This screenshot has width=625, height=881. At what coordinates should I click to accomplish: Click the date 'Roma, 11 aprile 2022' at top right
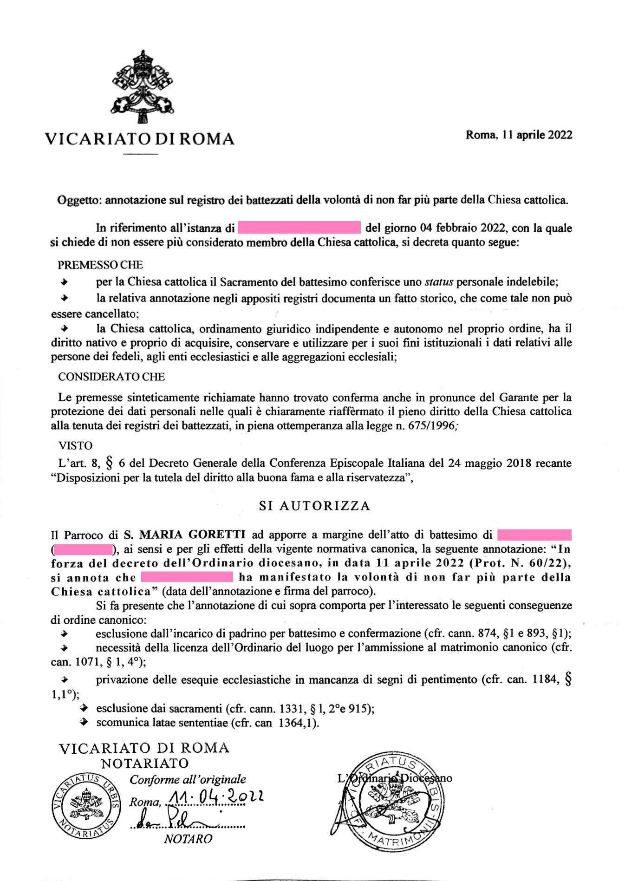(519, 135)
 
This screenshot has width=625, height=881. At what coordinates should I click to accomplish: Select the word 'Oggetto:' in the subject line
(79, 201)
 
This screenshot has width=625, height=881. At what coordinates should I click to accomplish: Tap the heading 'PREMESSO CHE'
(100, 265)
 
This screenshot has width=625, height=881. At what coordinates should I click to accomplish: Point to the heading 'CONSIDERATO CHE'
(111, 377)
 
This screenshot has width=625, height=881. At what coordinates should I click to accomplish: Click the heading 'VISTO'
(75, 446)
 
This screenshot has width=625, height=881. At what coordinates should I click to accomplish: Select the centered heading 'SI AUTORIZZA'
(314, 506)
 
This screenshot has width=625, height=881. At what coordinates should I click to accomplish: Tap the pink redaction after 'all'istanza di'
(299, 228)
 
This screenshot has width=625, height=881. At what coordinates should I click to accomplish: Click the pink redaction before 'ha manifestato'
(186, 577)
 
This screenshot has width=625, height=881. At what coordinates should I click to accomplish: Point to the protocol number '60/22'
(549, 563)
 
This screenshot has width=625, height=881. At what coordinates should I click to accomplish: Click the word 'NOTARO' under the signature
(188, 839)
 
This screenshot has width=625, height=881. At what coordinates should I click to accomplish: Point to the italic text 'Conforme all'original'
(188, 780)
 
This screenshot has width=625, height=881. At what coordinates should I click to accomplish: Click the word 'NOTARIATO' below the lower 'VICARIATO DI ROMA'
(145, 763)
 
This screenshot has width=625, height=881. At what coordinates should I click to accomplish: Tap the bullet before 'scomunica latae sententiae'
(84, 722)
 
